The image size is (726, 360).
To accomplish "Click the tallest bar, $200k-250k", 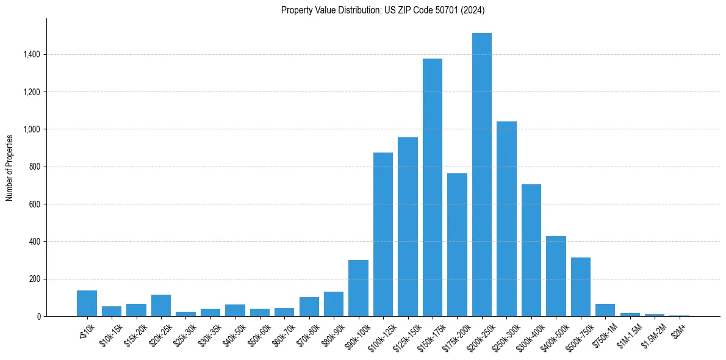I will [x=481, y=177].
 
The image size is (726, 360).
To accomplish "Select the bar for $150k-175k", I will [x=432, y=189].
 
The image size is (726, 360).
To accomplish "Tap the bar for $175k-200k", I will [x=457, y=244].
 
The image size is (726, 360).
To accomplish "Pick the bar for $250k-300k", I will [x=506, y=220].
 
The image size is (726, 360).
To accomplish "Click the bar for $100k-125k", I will [x=383, y=235].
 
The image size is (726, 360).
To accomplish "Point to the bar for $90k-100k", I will [x=358, y=288].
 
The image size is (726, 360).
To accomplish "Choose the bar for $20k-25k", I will [x=161, y=306].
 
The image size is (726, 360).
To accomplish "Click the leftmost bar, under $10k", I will [x=87, y=303].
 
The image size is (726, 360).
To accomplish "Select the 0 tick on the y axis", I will [x=38, y=316].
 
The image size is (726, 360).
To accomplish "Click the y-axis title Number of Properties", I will [x=10, y=167].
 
